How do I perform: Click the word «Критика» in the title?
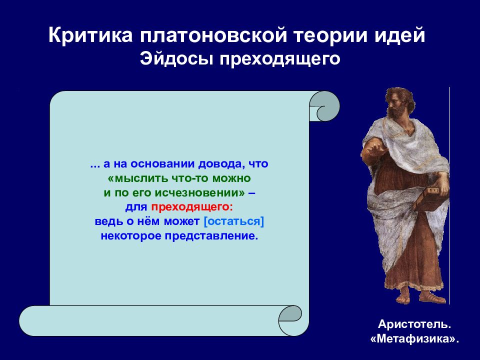[90, 35]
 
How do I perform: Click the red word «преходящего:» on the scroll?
[192, 207]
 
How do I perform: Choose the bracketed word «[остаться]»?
[234, 221]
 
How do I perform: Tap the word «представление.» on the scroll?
[211, 236]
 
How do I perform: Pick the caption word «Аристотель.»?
[414, 324]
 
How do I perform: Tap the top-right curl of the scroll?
[324, 106]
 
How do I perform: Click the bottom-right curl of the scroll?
[290, 320]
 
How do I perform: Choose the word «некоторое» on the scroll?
[131, 236]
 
